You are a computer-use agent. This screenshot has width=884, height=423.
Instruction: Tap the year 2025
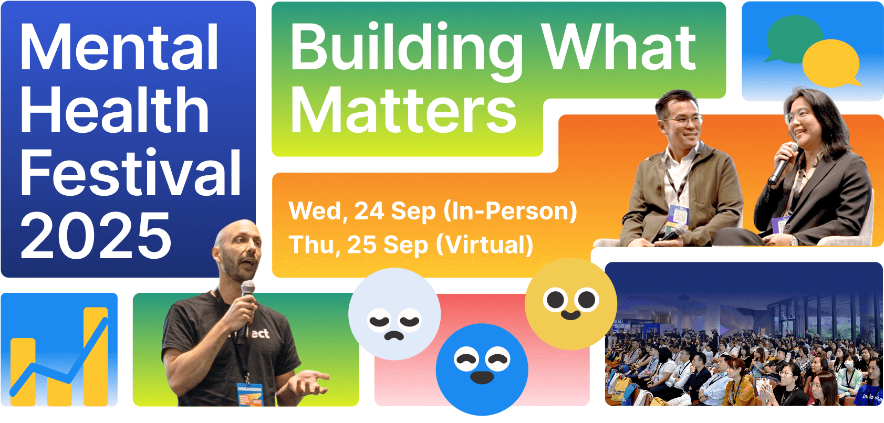tap(96, 235)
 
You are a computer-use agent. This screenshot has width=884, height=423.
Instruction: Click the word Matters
tap(403, 110)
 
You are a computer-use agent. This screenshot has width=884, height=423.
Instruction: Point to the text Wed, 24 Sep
tap(362, 211)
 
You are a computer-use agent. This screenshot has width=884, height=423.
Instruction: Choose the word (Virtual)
tap(485, 245)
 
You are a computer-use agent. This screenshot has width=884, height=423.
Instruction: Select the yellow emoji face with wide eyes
tap(570, 304)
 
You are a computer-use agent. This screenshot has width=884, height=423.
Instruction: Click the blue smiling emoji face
tap(482, 369)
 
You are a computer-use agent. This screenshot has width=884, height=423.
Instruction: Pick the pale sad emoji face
tap(394, 314)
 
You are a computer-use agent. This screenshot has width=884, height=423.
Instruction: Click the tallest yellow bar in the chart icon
tap(96, 356)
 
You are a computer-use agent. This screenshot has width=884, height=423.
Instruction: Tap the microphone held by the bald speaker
tap(246, 303)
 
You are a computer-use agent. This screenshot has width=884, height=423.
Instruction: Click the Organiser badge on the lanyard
tap(250, 394)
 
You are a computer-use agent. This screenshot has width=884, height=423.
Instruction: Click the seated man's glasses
tap(683, 120)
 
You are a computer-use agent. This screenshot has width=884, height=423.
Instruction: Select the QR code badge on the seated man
tap(679, 216)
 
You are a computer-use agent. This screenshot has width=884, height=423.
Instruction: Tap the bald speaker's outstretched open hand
tap(309, 382)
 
